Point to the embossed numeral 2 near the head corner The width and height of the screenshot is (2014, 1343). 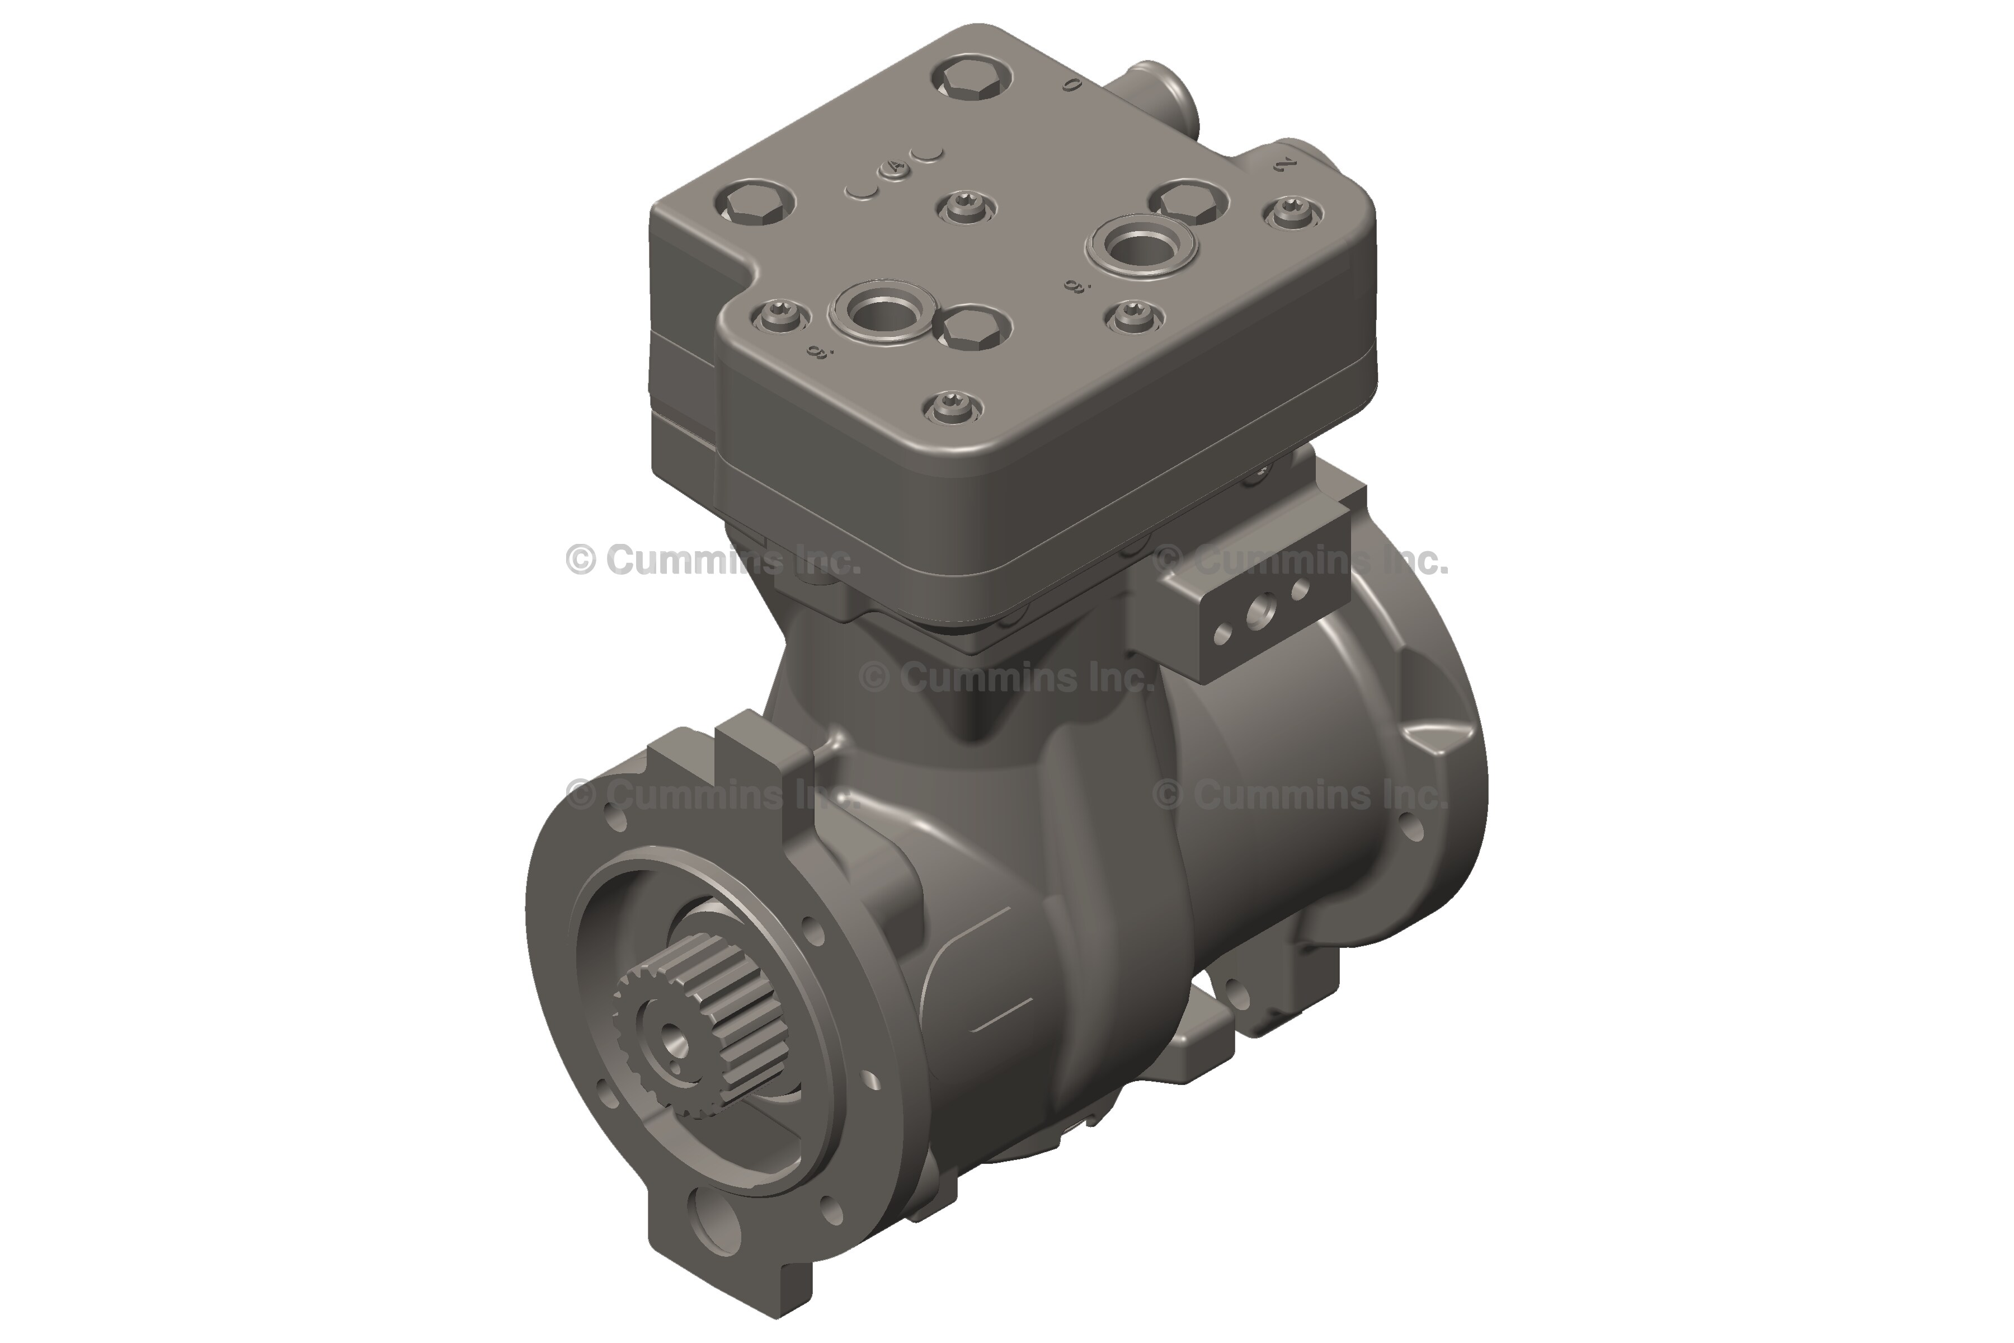1282,165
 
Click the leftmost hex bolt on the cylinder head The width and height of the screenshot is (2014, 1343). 754,203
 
